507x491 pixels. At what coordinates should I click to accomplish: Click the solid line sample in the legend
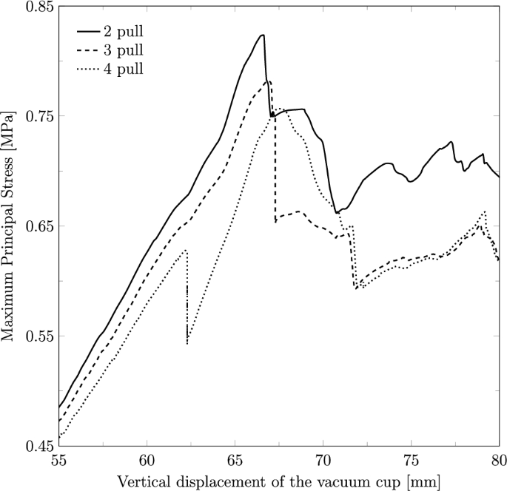(90, 33)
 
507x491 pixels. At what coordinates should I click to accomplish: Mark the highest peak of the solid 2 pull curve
(262, 35)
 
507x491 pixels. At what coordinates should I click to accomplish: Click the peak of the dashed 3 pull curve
(269, 81)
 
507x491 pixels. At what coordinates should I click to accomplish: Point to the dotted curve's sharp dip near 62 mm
(187, 343)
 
